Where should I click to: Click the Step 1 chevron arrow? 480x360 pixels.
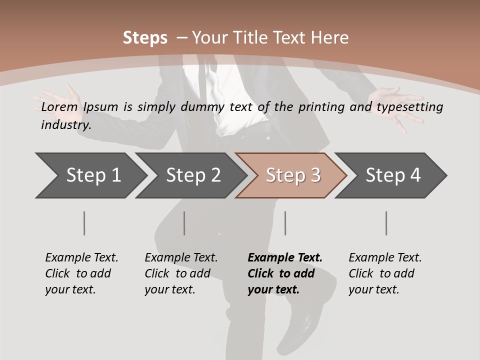[x=90, y=175]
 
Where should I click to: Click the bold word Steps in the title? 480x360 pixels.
[x=145, y=37]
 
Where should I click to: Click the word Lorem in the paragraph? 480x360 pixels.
[x=59, y=107]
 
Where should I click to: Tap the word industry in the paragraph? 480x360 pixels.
[x=65, y=125]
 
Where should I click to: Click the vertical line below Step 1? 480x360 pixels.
[x=84, y=223]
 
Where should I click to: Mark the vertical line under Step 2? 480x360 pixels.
[x=184, y=223]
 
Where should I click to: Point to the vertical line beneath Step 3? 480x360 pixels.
[x=285, y=223]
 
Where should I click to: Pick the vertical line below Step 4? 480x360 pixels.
[x=386, y=223]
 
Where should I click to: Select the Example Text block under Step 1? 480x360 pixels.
[x=81, y=273]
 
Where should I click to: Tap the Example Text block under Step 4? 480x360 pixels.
[x=385, y=273]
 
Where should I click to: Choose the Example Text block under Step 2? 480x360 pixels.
[x=181, y=273]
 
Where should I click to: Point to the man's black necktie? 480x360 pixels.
[x=201, y=80]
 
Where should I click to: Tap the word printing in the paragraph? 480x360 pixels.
[x=320, y=107]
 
